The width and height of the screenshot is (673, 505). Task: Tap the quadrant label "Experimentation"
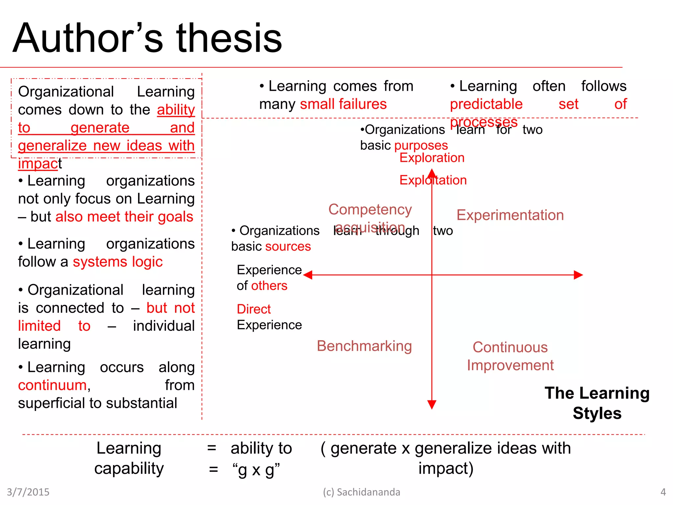[x=510, y=215]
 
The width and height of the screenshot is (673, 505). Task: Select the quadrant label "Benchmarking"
[x=364, y=346]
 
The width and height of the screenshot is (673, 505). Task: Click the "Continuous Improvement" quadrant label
[x=510, y=356]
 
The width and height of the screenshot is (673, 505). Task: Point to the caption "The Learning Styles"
[x=597, y=403]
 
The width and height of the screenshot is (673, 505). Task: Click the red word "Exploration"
[x=432, y=158]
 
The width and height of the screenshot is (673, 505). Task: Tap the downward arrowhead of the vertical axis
[x=432, y=405]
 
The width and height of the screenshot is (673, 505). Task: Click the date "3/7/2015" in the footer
[x=28, y=492]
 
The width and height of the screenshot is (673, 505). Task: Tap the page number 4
[x=663, y=492]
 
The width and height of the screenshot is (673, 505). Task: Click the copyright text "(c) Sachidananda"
[x=361, y=492]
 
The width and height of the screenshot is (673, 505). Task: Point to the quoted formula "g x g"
[x=256, y=469]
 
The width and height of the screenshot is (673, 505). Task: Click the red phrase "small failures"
[x=343, y=104]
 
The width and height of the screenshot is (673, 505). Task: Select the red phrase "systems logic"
[x=118, y=262]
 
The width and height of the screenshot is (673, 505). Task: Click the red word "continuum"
[x=52, y=385]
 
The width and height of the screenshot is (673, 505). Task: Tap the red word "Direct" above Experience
[x=254, y=309]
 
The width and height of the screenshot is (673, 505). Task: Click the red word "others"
[x=269, y=286]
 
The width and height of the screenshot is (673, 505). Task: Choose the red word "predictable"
[x=486, y=104]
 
